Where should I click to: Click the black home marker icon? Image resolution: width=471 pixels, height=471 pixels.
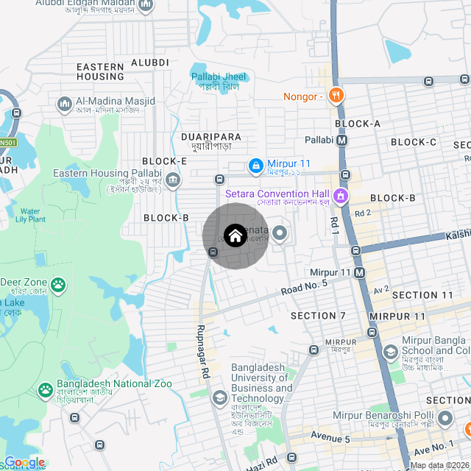(235, 236)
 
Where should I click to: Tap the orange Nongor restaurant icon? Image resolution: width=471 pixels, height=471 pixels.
(336, 96)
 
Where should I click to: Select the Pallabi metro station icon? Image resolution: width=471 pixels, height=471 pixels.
(342, 140)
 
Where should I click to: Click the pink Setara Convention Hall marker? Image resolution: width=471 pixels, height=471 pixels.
(340, 196)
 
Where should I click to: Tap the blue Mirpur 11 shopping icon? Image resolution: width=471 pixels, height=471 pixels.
(255, 165)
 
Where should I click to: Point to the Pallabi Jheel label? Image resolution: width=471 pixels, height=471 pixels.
(220, 81)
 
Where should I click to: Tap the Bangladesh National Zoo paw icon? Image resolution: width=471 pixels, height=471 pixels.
(46, 387)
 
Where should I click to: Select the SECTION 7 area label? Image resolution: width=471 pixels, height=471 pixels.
(318, 316)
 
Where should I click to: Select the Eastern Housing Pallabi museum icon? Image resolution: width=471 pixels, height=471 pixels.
(173, 179)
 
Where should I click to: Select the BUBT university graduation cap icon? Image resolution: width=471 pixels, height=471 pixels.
(219, 399)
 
